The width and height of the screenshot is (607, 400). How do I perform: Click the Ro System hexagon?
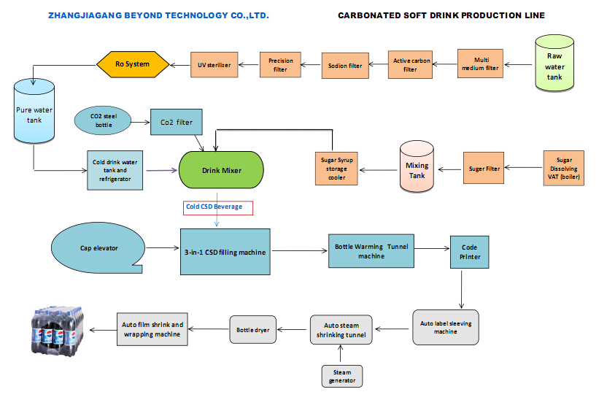tap(133, 64)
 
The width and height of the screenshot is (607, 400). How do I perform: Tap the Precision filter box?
tap(281, 65)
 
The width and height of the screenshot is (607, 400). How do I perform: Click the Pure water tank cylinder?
tap(34, 113)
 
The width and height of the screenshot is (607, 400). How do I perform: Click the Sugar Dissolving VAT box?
tap(564, 169)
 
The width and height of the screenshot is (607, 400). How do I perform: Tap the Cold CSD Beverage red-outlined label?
tap(218, 207)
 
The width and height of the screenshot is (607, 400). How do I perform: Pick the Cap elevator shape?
tap(96, 247)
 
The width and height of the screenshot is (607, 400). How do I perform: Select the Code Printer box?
tap(469, 253)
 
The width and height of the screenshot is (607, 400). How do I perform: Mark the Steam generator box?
tap(342, 376)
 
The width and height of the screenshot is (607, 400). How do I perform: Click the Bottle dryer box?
tap(252, 330)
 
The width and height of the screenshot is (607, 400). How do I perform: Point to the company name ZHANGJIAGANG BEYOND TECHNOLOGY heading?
tap(158, 15)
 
